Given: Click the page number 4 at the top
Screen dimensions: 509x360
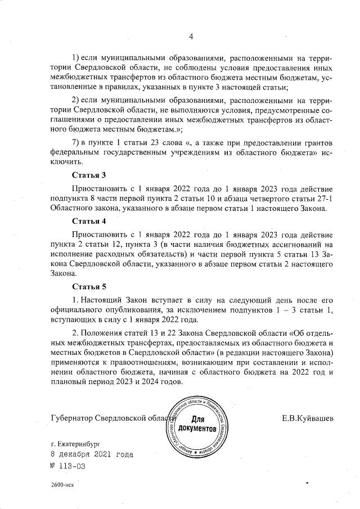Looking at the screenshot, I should [x=191, y=37].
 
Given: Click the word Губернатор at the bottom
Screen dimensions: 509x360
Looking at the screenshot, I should [x=71, y=419].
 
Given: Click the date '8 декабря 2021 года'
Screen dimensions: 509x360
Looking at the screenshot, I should [x=92, y=454].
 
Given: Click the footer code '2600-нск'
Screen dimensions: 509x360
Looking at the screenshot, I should [x=62, y=483].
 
